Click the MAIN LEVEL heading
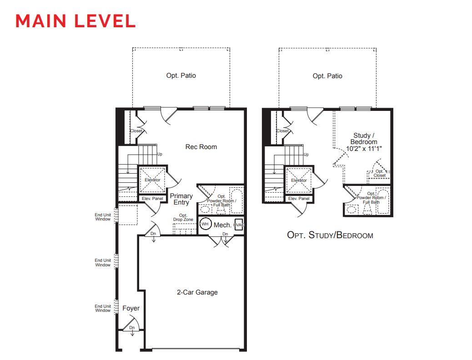click(75, 21)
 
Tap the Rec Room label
click(201, 147)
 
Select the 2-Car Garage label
click(197, 292)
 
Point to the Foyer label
click(131, 308)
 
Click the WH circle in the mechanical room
click(205, 224)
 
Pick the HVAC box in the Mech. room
click(239, 225)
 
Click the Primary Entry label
click(181, 199)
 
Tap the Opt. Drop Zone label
click(183, 217)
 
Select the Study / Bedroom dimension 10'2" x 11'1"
click(364, 148)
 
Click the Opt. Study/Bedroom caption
click(330, 235)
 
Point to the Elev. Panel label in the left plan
click(152, 199)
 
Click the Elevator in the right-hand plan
click(299, 180)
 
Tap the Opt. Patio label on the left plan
click(181, 75)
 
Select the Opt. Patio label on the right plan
click(327, 76)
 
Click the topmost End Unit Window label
click(103, 217)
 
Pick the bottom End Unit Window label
click(103, 308)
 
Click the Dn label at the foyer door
click(132, 327)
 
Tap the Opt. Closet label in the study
click(380, 173)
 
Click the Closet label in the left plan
click(136, 131)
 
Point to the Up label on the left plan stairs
click(160, 154)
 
